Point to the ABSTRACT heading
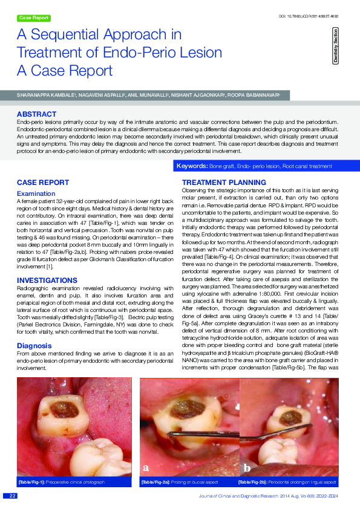pos(37,114)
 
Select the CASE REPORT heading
pos(42,182)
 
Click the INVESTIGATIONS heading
pos(48,280)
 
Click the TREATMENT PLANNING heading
pos(223,182)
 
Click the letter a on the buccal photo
pos(146,467)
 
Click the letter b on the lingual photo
pos(247,467)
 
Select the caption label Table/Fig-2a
pos(157,482)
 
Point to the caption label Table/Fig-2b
pos(254,482)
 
